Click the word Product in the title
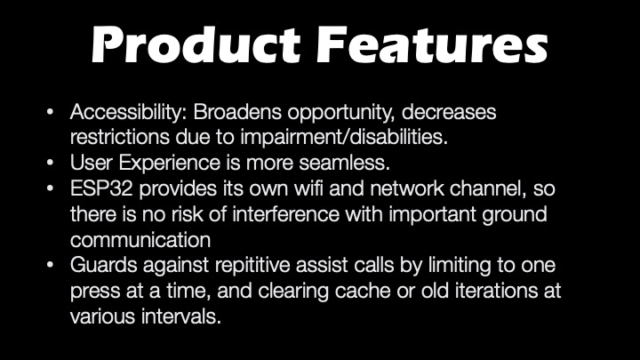pyautogui.click(x=196, y=44)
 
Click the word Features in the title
pyautogui.click(x=432, y=44)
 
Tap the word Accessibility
pyautogui.click(x=128, y=112)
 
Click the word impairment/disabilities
pyautogui.click(x=344, y=137)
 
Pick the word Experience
pyautogui.click(x=170, y=164)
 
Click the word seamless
pyautogui.click(x=345, y=163)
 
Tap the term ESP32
pyautogui.click(x=101, y=188)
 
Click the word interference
pyautogui.click(x=285, y=214)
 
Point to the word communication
pyautogui.click(x=140, y=240)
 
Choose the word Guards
pyautogui.click(x=104, y=265)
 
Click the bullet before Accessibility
pyautogui.click(x=50, y=111)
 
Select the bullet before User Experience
pyautogui.click(x=50, y=163)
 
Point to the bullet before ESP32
pyautogui.click(x=50, y=188)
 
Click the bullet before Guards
pyautogui.click(x=50, y=265)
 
